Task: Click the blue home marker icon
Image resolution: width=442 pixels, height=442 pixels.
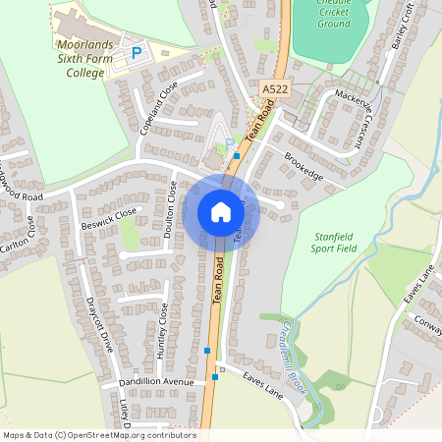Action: (x=221, y=212)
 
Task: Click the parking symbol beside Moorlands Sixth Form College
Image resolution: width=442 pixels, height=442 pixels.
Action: (x=137, y=52)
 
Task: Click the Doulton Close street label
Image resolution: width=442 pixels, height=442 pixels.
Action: (x=172, y=201)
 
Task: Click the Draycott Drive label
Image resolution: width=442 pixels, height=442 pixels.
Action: (x=101, y=323)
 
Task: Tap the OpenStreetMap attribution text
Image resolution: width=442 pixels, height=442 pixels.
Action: (x=98, y=435)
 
